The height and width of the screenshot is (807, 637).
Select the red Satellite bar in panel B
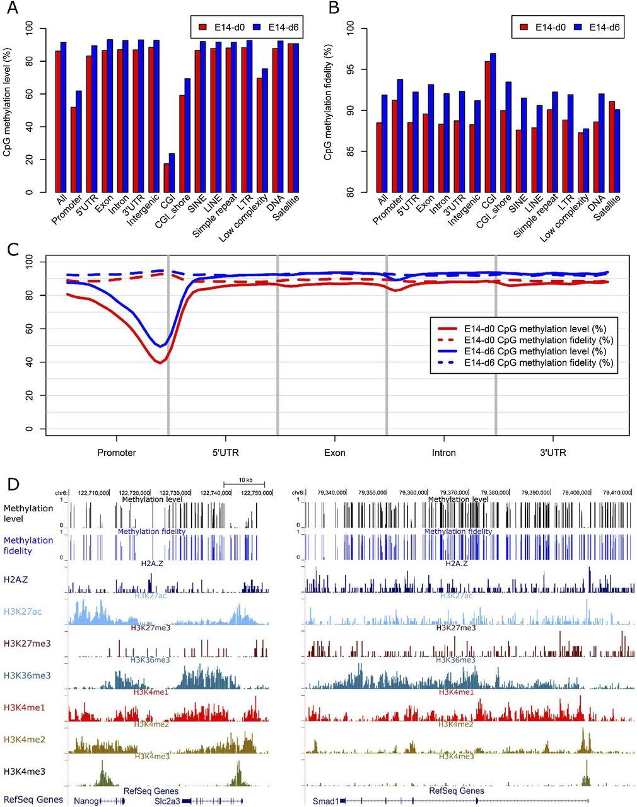tap(611, 146)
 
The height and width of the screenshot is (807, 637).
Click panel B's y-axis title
tap(329, 110)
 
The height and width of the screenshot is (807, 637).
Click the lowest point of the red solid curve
tap(160, 363)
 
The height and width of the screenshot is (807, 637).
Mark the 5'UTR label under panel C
tap(225, 453)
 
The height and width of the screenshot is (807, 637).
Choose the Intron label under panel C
tap(443, 453)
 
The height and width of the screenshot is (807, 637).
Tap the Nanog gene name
tap(85, 800)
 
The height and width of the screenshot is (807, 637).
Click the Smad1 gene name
tap(325, 800)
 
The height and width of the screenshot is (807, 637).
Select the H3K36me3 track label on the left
tap(27, 675)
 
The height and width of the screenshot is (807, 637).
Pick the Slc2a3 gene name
tap(166, 800)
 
